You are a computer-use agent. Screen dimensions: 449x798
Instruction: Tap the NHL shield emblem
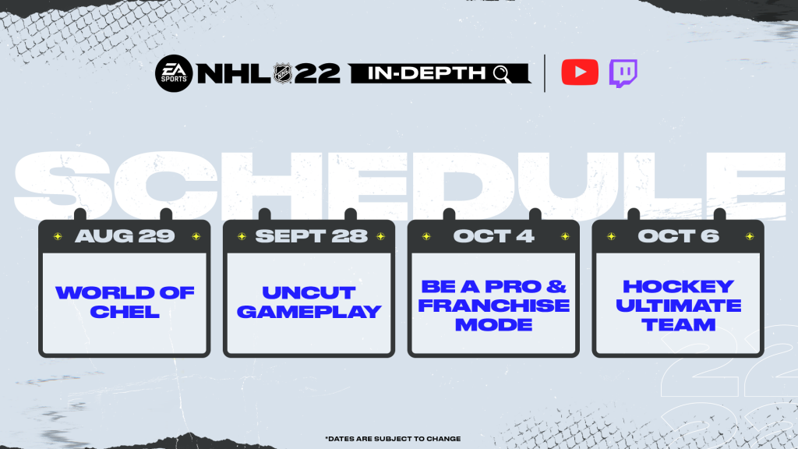pos(281,73)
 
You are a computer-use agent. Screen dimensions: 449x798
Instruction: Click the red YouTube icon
pos(580,72)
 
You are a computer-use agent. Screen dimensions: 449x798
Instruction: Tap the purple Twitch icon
pos(623,72)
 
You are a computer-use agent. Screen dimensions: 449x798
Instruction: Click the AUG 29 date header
pos(125,236)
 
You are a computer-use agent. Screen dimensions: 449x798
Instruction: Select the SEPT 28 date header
pos(309,236)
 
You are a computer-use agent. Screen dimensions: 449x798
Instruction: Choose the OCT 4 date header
pos(493,236)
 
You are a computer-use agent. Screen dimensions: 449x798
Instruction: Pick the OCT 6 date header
pos(678,236)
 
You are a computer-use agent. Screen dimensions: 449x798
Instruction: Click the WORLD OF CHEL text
pos(125,302)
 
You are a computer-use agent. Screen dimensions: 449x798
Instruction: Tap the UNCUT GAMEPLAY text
pos(309,302)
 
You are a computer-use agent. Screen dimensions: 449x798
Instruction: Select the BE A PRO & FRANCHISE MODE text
pos(493,305)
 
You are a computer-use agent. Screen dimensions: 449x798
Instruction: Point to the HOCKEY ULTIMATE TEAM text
pos(678,305)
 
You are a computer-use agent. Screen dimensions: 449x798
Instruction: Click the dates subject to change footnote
pos(398,438)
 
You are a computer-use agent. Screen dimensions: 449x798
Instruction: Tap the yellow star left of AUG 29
pos(56,236)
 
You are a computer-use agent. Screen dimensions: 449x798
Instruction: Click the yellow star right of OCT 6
pos(749,236)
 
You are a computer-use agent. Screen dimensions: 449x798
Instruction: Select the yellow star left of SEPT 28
pos(241,236)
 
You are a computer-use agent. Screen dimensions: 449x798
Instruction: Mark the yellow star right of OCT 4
pos(564,236)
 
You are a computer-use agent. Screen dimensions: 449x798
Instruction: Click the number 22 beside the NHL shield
pos(317,73)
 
